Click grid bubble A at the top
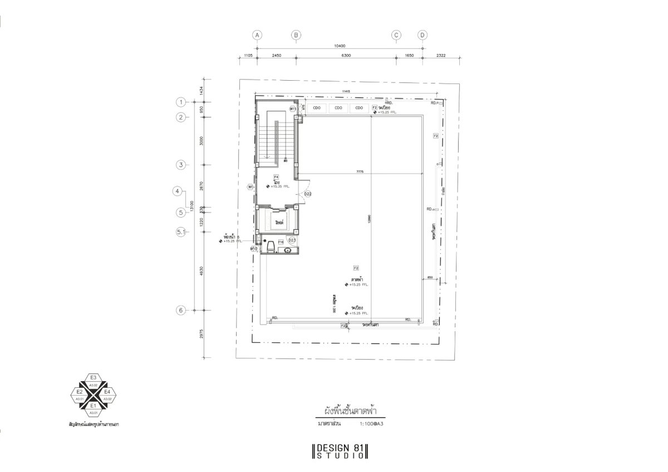pos(257,35)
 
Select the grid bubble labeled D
pos(423,35)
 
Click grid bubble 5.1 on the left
pos(180,232)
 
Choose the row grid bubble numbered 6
pos(180,311)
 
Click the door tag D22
pos(307,194)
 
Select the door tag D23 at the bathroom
pos(292,239)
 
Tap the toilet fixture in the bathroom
pos(271,247)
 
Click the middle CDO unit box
pos(338,108)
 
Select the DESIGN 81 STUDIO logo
pos(341,451)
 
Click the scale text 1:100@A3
pos(372,424)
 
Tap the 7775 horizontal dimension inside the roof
pos(360,172)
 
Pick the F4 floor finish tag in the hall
pos(276,177)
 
